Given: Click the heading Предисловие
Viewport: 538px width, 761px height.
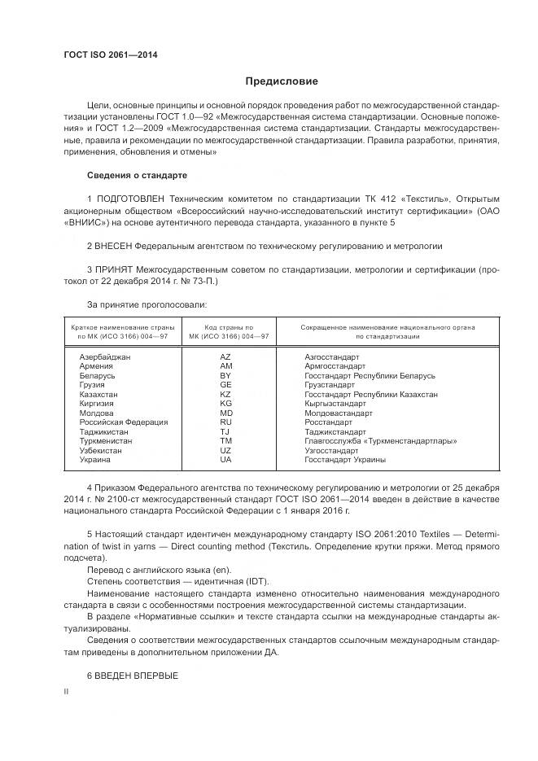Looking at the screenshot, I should point(282,81).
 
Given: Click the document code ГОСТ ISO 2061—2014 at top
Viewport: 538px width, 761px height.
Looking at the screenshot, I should point(111,55).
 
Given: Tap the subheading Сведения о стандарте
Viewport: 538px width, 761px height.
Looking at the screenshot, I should point(137,175).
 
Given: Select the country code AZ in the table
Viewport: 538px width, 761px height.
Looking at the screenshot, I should point(225,357).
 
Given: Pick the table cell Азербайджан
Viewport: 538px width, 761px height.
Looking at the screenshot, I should point(105,357).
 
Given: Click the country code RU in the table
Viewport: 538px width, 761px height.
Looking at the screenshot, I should point(225,422).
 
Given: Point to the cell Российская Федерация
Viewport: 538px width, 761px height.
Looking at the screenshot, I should point(123,422).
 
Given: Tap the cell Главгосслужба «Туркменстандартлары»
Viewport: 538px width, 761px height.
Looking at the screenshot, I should point(380,441).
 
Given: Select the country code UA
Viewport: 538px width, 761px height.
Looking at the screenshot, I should point(225,460).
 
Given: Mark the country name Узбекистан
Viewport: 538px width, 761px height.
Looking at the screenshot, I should point(100,450).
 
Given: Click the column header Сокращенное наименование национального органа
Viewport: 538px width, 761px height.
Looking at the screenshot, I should point(388,326).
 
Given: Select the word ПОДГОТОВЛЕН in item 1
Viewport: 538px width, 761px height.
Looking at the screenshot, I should point(131,199).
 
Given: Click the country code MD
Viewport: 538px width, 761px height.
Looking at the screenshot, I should point(225,413).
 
